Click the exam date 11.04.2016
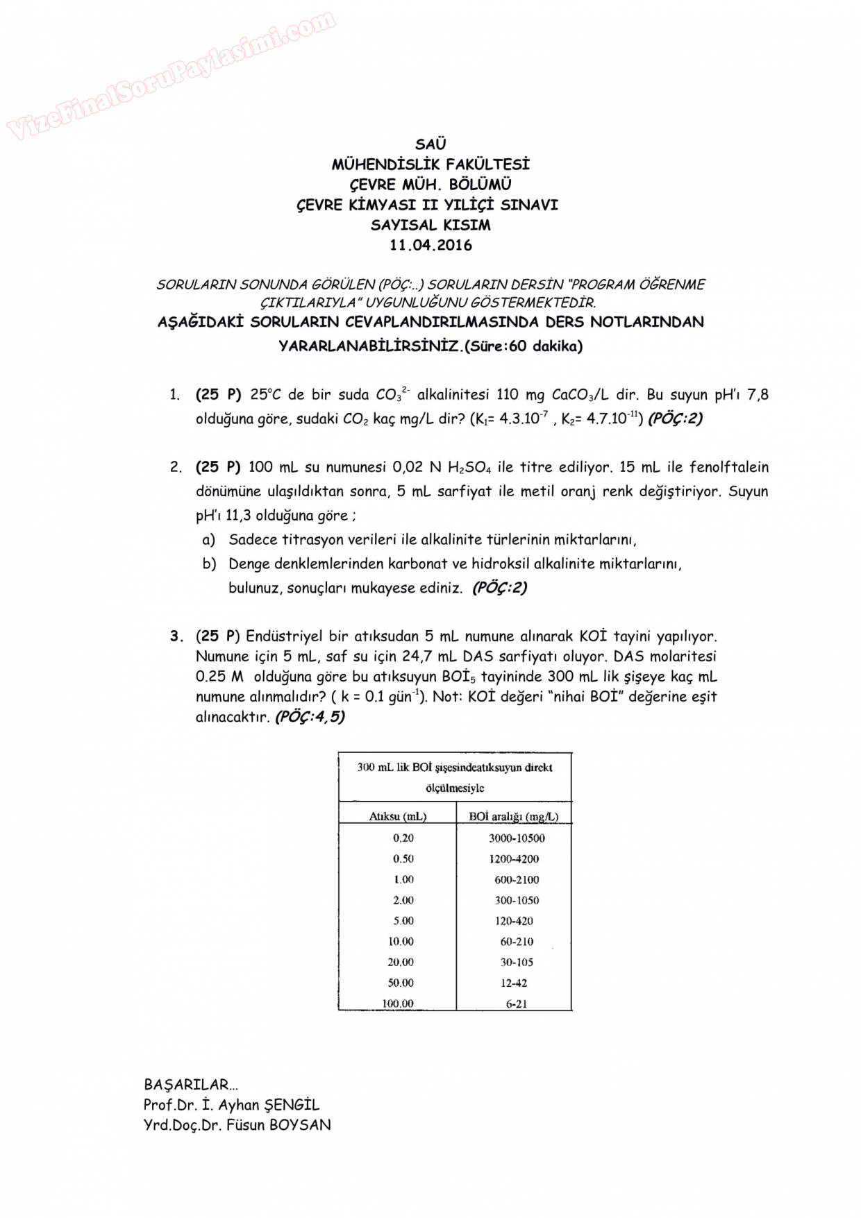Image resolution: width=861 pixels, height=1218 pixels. coord(430,245)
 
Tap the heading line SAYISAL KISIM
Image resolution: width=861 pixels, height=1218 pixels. coord(430,225)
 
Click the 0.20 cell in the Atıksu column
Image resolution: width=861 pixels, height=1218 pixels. coord(403,838)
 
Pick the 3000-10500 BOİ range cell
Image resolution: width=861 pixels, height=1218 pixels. coord(517,838)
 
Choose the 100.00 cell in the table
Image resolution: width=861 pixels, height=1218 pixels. coord(398,1004)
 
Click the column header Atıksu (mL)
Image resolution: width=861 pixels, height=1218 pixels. coord(397,816)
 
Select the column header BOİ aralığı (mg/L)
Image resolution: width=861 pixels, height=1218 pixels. coord(514,816)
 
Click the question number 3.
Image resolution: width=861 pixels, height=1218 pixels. coord(176,636)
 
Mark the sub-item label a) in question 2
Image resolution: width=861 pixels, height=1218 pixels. coord(208,539)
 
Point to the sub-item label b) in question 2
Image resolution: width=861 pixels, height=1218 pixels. coord(209,564)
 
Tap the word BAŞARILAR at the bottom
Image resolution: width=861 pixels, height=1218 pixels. coord(186,1085)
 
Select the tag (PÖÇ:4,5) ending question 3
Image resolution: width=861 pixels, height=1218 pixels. coord(310,717)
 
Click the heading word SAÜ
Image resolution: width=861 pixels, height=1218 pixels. coord(430,144)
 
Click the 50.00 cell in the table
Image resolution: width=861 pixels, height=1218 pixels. coord(401,983)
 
